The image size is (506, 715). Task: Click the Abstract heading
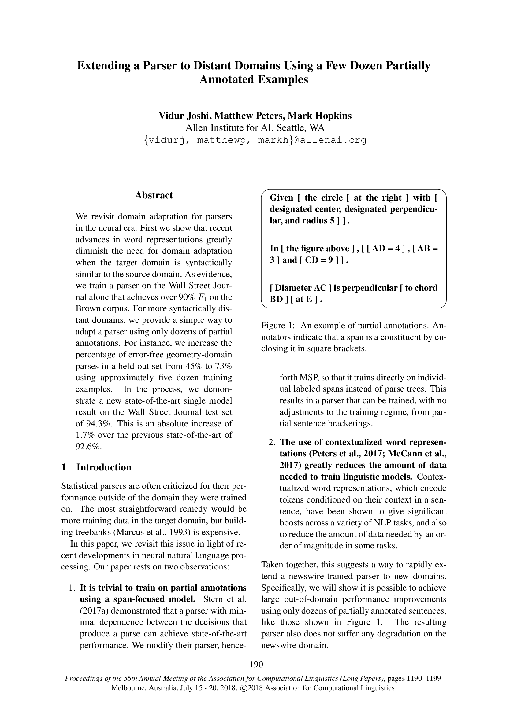click(154, 195)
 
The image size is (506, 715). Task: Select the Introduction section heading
click(104, 467)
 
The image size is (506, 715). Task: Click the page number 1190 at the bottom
click(254, 665)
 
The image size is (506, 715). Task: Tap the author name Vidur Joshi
click(185, 116)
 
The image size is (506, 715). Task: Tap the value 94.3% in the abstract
click(95, 423)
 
